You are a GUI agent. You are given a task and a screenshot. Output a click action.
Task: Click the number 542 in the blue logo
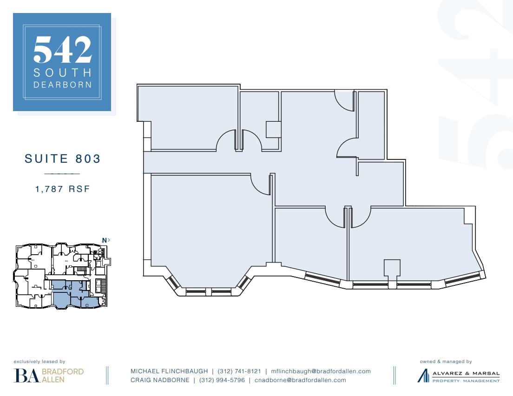point(62,50)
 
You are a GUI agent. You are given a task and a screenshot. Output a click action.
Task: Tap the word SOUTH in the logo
point(62,73)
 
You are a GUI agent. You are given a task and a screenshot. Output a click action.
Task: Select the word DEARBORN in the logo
point(62,85)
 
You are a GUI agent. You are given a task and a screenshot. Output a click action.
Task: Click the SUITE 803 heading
point(62,158)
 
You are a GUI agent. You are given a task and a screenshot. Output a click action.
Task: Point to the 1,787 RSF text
point(62,189)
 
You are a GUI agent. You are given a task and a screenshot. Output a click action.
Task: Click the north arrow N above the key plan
point(106,240)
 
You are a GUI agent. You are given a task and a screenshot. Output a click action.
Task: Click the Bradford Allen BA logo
point(26,375)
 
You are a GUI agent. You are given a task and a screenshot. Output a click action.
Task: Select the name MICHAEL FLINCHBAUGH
point(169,371)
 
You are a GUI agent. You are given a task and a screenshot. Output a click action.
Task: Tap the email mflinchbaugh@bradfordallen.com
point(321,371)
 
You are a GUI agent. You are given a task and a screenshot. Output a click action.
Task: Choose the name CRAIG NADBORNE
point(160,380)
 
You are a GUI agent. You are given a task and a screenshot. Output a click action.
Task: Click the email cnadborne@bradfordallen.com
point(300,380)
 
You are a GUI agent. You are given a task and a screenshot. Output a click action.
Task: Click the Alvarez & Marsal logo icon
point(423,375)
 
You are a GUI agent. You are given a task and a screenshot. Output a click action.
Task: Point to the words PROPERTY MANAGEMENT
point(466,381)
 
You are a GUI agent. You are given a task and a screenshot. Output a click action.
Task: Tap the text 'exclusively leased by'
point(39,361)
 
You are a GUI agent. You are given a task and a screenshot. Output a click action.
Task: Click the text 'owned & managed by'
point(446,361)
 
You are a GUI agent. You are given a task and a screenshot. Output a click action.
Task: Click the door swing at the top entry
point(344,100)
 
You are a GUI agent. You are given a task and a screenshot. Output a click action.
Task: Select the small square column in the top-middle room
point(273,129)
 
